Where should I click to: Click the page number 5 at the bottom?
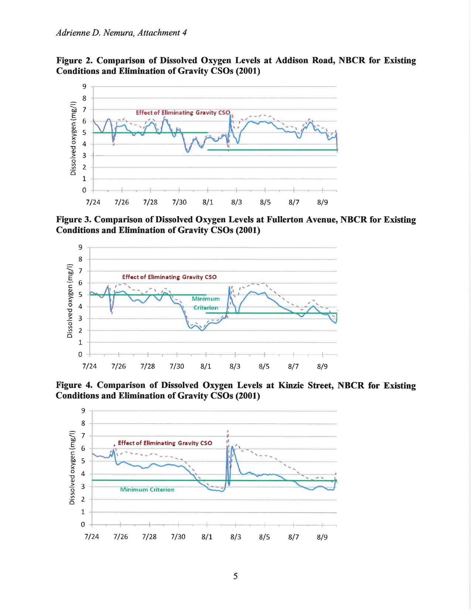coord(235,576)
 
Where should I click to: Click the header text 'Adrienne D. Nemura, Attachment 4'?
coord(122,33)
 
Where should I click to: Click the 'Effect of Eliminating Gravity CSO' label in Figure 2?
coord(183,112)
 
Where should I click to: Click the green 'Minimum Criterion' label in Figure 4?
coord(147,489)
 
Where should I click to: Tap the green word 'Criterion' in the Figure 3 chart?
coord(206,308)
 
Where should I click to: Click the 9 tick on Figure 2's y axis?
coord(84,87)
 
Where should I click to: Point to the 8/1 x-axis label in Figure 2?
coord(208,202)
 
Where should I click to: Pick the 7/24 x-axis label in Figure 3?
coord(89,366)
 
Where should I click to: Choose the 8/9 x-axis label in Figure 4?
coord(322,537)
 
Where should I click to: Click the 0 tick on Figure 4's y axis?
coord(83,524)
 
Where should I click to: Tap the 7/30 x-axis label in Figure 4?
coord(178,537)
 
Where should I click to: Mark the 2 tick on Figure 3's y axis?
coord(81,331)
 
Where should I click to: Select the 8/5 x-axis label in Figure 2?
coord(265,202)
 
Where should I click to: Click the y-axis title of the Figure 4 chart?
coord(72,467)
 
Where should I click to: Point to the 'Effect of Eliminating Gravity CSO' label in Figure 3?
coord(170,277)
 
